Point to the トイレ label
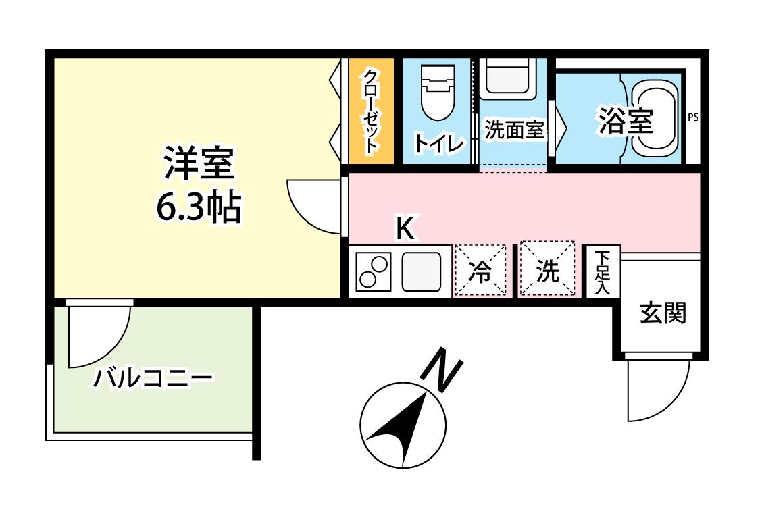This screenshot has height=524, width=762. pos(438,144)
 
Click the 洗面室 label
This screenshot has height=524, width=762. pos(514,130)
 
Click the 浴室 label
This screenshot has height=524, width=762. pos(625,122)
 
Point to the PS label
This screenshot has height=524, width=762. pos(692,117)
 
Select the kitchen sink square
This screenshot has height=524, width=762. pos(422,271)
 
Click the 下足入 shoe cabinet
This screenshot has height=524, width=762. pos(603,272)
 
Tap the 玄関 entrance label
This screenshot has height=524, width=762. pos(663,313)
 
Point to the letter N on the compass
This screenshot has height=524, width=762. pos(441,370)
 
